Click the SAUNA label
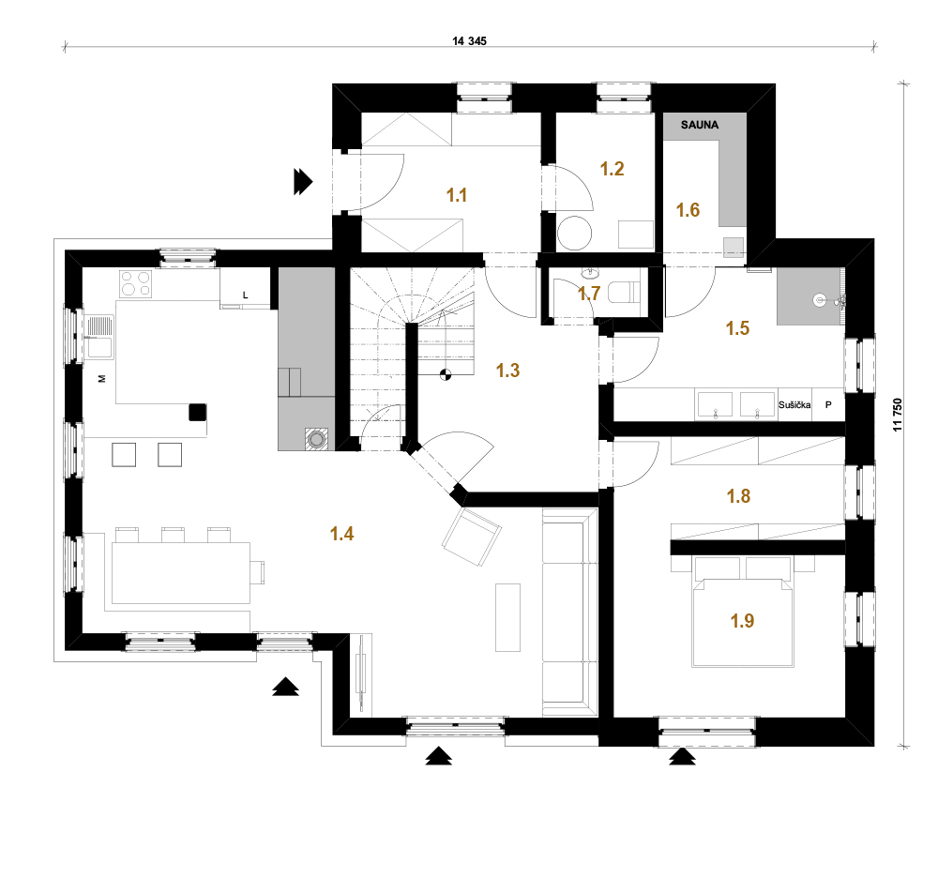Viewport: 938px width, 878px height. click(700, 125)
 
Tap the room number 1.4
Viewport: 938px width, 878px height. click(341, 534)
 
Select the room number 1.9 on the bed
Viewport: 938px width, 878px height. click(742, 621)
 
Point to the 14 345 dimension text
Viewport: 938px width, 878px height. click(470, 41)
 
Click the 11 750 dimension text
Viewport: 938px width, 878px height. click(898, 415)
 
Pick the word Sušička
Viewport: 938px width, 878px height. click(794, 405)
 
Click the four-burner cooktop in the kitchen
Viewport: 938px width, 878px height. click(136, 283)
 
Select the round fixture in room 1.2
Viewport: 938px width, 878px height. click(574, 234)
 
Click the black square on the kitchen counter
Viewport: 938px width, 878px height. click(198, 412)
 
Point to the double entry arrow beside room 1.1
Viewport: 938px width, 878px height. click(303, 182)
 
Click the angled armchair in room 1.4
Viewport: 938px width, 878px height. click(472, 537)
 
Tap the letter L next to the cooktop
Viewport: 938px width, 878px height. click(245, 295)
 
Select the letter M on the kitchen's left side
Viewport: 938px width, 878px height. click(101, 379)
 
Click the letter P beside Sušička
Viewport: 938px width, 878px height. click(828, 405)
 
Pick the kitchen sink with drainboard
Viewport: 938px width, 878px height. click(99, 337)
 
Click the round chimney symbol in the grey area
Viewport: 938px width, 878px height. click(316, 440)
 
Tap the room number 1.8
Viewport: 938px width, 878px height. click(738, 496)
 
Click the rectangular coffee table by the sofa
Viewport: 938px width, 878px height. click(507, 617)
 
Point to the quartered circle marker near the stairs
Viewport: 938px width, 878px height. click(446, 375)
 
